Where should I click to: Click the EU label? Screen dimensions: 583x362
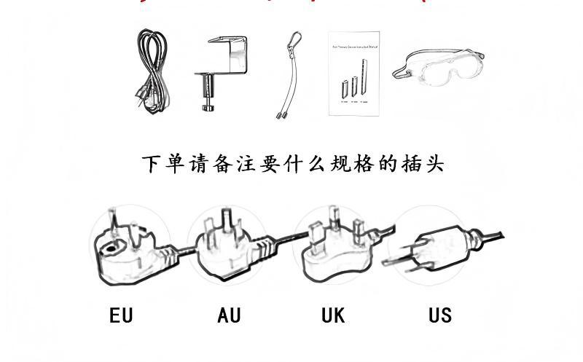click(x=121, y=315)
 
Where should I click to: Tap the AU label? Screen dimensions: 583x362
click(x=229, y=315)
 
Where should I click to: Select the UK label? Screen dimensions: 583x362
click(x=333, y=315)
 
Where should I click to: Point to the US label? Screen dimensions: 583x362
click(x=440, y=315)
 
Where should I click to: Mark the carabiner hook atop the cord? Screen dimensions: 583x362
click(x=291, y=39)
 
